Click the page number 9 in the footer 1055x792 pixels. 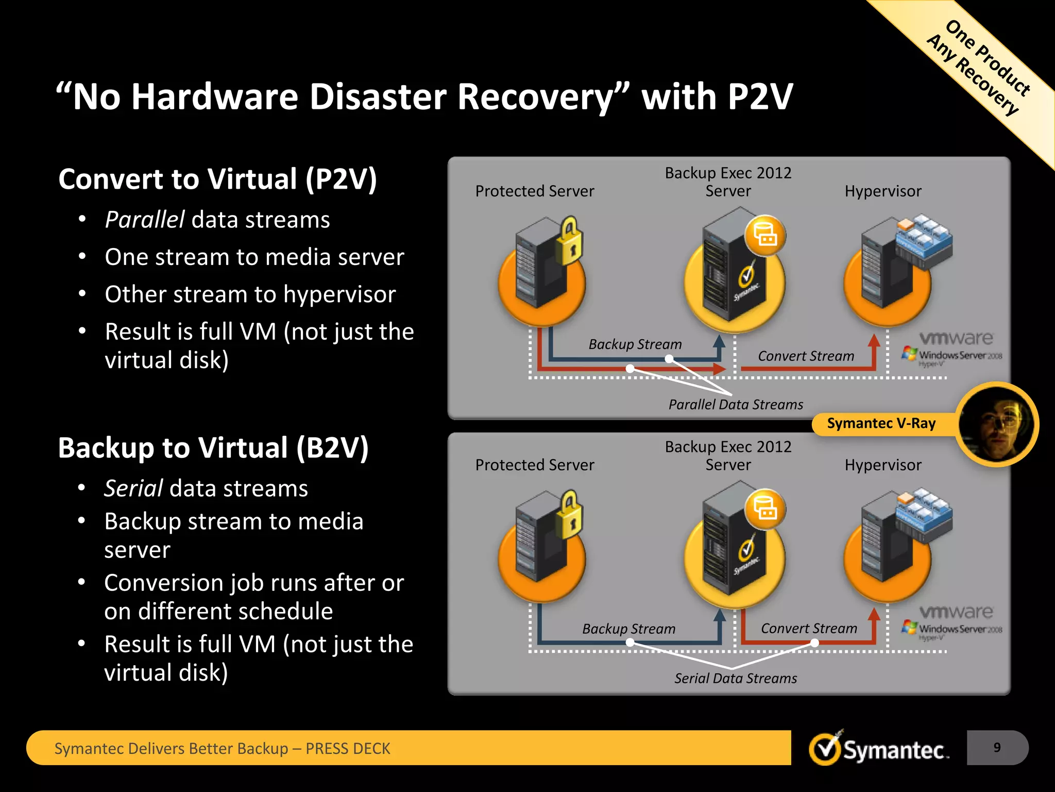tap(997, 748)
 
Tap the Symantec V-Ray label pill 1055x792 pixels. tap(881, 423)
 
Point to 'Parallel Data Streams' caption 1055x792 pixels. tap(736, 405)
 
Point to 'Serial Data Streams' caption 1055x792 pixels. tap(736, 679)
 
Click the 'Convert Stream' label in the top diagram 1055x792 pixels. tap(806, 356)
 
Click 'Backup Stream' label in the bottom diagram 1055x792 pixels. tap(628, 629)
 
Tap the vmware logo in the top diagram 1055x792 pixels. tap(956, 338)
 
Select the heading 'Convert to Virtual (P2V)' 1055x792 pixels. tap(217, 179)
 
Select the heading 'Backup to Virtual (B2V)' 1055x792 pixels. tap(213, 448)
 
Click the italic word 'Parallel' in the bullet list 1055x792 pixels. tap(145, 220)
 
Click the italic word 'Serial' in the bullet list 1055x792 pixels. tap(134, 488)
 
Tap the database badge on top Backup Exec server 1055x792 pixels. tap(765, 236)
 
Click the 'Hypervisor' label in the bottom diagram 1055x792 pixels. tap(883, 465)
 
